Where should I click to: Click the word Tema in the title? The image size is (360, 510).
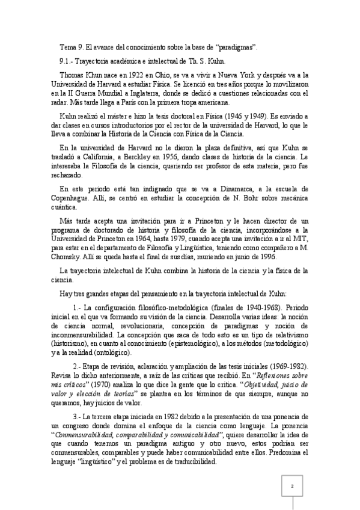[x=68, y=47]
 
